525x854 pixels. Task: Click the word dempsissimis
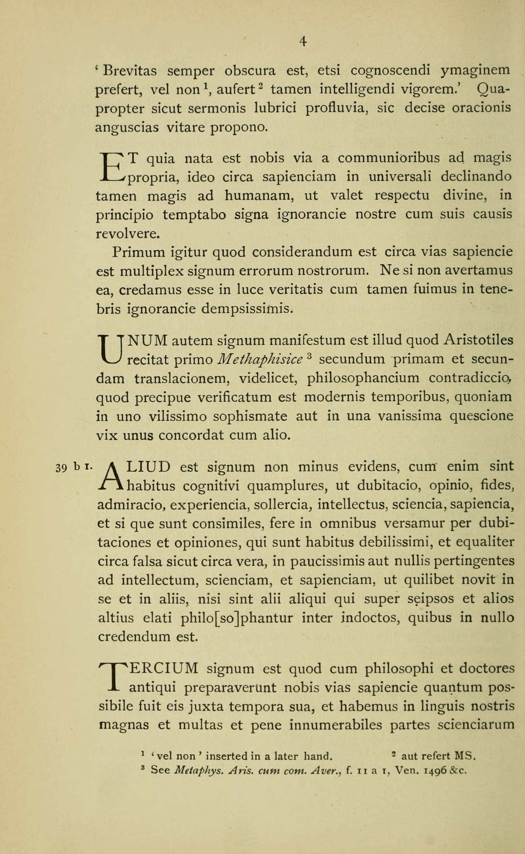[247, 309]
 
